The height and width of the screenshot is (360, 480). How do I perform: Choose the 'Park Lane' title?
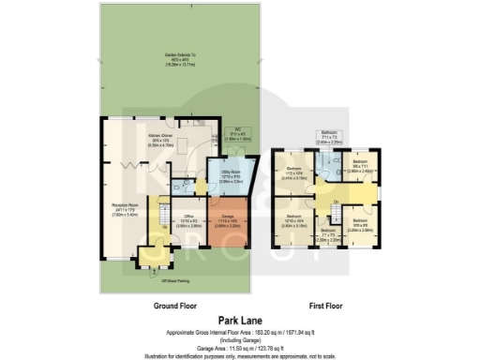(240, 320)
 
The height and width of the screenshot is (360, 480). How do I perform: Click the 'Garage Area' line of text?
(240, 346)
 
